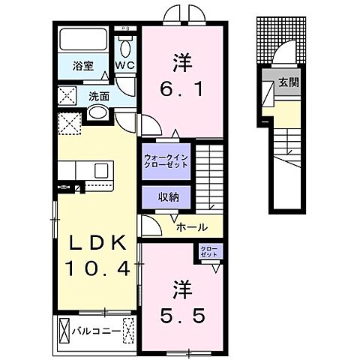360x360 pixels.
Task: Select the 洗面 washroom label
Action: click(x=98, y=97)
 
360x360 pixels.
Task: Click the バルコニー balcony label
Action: click(x=92, y=328)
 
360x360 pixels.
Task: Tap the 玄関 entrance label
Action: click(x=289, y=82)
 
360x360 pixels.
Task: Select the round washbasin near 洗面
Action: click(x=97, y=113)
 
